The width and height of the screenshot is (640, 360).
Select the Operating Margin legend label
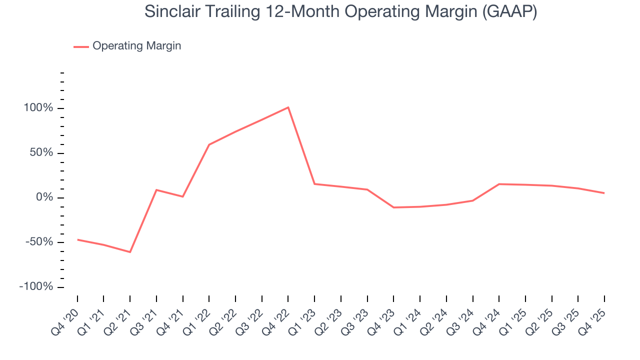tap(136, 46)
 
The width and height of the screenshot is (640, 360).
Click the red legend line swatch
tap(81, 46)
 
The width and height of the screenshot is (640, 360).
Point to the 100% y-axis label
tap(38, 108)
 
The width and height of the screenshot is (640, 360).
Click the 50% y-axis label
tap(41, 152)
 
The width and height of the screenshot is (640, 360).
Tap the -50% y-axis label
tap(39, 242)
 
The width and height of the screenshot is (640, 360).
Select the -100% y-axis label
tap(36, 287)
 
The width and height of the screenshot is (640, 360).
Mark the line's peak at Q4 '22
tap(288, 107)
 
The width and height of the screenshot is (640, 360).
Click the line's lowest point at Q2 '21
tap(130, 252)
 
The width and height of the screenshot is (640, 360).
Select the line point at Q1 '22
tap(209, 144)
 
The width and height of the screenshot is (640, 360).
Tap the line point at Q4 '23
tap(393, 207)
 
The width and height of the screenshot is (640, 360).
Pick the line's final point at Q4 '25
tap(604, 193)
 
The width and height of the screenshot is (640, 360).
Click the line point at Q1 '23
tap(314, 184)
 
